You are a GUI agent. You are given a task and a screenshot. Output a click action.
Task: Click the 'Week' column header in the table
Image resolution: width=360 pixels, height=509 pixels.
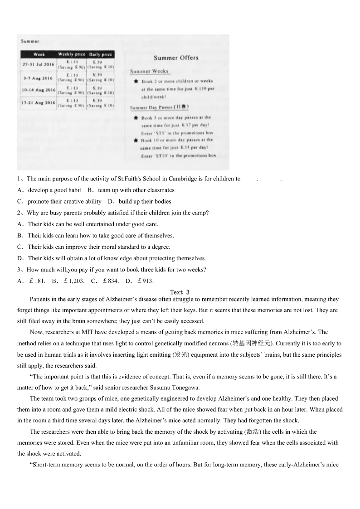point(39,54)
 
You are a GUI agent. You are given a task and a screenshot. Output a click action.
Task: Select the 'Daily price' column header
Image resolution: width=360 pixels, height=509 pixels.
point(100,54)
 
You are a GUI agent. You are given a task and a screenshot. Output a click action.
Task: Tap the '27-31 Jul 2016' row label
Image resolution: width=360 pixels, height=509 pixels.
point(38,64)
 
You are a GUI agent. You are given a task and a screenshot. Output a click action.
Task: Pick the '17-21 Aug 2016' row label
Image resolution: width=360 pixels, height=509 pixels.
point(38,103)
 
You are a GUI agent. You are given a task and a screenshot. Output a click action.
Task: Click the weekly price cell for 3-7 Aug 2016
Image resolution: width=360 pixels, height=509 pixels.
point(72,78)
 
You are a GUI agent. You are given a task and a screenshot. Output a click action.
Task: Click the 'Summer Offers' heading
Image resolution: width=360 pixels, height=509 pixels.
point(176,58)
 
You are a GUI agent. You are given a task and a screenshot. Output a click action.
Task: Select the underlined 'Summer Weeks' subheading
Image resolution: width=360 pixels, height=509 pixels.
point(149,71)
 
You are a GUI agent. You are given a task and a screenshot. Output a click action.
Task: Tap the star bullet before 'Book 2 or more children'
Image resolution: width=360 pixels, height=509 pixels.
point(136,82)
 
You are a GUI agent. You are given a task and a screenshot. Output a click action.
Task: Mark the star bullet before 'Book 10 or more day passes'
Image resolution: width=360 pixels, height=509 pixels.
point(136,141)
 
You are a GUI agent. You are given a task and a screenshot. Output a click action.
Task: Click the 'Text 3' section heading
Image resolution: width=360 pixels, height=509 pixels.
point(180,292)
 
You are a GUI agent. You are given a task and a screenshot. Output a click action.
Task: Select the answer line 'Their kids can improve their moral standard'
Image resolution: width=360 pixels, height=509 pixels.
point(99,247)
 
